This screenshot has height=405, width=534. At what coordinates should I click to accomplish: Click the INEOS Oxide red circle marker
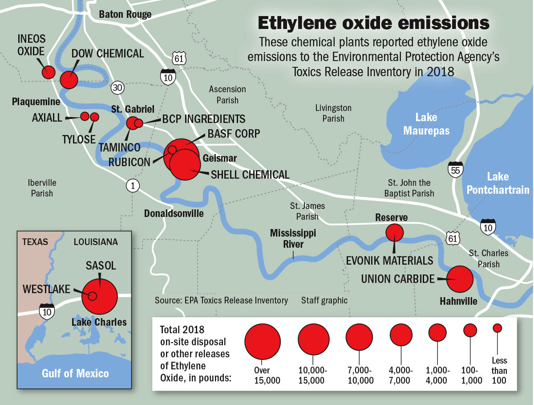pos(48,72)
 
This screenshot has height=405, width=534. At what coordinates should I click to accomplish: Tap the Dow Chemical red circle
pos(69,80)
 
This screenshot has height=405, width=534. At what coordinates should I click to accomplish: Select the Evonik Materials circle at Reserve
pos(394,232)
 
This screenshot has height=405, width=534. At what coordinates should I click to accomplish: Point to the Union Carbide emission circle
pos(460,279)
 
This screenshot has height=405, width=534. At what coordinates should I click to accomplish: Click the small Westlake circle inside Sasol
pos(93,296)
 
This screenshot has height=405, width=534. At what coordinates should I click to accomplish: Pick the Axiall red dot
pos(84,116)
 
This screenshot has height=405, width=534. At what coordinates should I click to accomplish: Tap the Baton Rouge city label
pos(125,14)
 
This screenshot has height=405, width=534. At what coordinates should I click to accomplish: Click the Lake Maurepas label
pos(426,124)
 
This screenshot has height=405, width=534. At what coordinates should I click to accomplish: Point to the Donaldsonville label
pos(174,214)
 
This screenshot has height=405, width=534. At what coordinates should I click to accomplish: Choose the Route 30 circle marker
pos(117,87)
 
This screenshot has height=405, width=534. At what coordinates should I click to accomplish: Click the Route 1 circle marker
pos(132,185)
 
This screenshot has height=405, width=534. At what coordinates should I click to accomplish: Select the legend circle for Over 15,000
pos(263,340)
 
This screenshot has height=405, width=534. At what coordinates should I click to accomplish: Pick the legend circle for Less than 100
pos(498,328)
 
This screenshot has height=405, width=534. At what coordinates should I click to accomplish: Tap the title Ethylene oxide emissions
pos(373,24)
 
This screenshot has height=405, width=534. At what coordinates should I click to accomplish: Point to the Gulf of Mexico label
pos(75,373)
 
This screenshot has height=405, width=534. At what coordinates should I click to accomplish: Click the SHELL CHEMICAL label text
pos(250,175)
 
